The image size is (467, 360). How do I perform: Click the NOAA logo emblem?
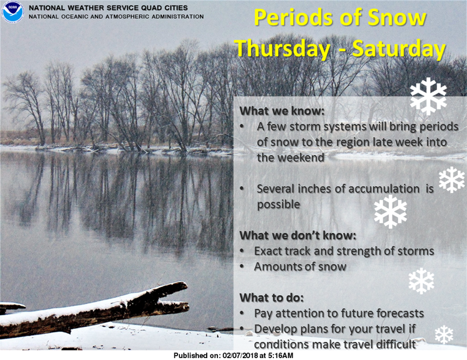click(x=12, y=12)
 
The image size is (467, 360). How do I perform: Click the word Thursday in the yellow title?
click(x=282, y=49)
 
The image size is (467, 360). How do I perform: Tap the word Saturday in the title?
click(x=399, y=49)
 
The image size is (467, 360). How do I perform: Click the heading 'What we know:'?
click(x=281, y=111)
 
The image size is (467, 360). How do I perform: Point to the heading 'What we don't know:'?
click(x=298, y=235)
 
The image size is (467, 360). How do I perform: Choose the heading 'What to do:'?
click(x=271, y=298)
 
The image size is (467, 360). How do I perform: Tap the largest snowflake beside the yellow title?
click(x=428, y=97)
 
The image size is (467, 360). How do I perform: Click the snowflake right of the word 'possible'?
click(x=390, y=212)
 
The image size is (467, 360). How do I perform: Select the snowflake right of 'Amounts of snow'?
click(x=421, y=281)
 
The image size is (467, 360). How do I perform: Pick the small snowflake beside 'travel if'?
click(x=444, y=334)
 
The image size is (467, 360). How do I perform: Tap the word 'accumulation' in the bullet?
click(x=384, y=189)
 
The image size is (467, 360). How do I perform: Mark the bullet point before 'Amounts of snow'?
click(x=242, y=267)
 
